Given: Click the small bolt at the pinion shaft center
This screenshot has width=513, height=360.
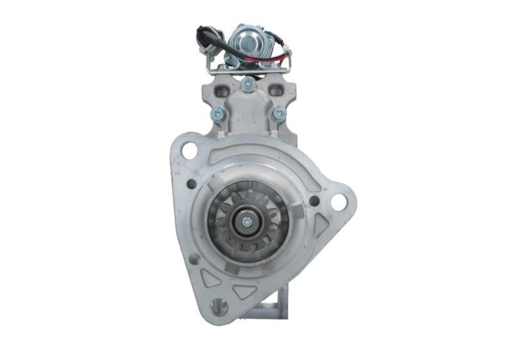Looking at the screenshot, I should coord(246,222).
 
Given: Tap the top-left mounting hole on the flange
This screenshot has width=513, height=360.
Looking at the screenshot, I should coord(189,151).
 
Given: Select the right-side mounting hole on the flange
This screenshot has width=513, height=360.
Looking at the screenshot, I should coord(338,201).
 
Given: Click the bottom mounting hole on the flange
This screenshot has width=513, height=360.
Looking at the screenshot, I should coord(219,307).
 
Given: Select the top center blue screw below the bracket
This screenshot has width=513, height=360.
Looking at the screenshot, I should coord(248,83).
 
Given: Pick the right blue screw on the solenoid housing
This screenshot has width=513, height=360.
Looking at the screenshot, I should coord(278,114).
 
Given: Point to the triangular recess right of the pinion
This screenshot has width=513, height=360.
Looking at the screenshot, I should coord(321,226).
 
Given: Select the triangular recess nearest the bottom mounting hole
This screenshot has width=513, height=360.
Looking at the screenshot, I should coord(244,291).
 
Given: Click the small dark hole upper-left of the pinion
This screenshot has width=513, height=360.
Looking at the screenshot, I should coord(191,184).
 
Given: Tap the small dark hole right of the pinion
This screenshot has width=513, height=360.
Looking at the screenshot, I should coord(314,200).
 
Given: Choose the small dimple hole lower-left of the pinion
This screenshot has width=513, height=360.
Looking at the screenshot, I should coord(194,259).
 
